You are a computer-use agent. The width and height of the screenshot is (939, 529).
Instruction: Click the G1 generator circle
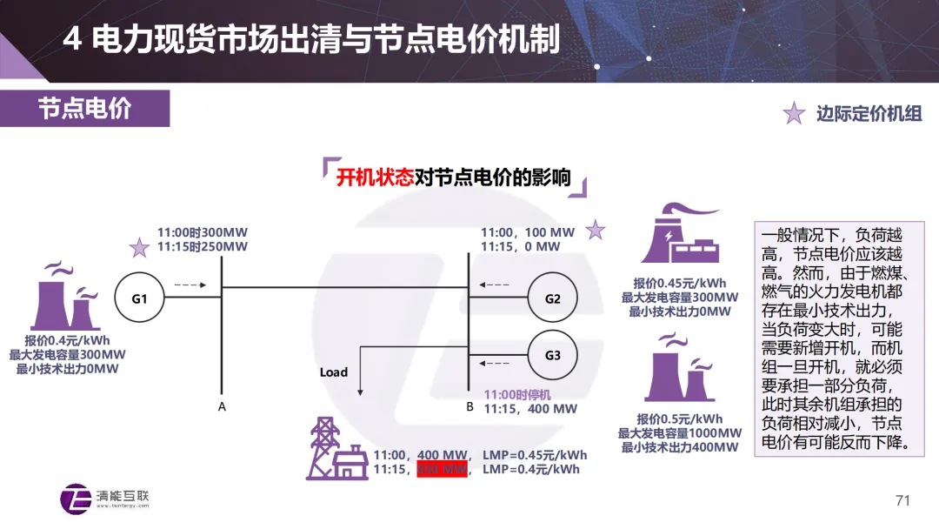tap(140, 298)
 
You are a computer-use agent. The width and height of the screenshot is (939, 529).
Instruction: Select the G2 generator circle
tap(553, 298)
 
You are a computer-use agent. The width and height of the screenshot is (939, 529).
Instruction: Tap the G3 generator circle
tap(553, 354)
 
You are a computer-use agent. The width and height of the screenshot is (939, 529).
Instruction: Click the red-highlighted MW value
tap(442, 469)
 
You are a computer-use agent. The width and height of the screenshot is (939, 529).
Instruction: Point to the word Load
tap(334, 372)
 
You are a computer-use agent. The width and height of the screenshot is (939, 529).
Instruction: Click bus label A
tap(222, 407)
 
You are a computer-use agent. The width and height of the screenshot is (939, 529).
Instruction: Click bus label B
tap(469, 407)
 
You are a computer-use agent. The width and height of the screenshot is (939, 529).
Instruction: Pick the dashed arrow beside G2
tap(496, 285)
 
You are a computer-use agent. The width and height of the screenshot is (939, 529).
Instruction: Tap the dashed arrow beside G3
tap(496, 363)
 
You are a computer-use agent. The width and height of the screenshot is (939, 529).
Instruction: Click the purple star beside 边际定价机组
tap(794, 113)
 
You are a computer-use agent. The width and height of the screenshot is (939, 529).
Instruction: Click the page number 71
tap(902, 500)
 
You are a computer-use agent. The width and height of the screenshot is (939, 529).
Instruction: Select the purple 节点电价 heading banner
tap(84, 109)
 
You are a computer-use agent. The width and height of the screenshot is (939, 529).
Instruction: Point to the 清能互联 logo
tap(104, 499)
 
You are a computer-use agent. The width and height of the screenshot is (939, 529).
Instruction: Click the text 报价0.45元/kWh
tap(680, 283)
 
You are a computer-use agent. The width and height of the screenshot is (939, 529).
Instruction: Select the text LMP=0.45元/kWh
tap(535, 455)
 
